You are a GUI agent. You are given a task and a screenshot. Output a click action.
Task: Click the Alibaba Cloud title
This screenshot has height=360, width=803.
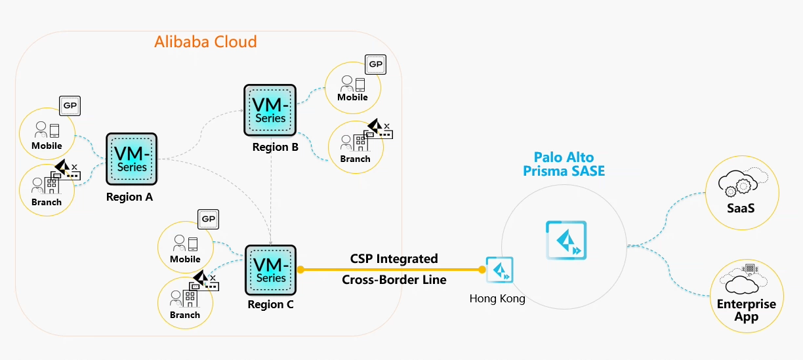(205, 42)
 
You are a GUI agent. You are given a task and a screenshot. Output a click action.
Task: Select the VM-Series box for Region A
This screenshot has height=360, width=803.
(131, 159)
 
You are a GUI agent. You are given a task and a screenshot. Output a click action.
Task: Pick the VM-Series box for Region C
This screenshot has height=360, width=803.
(270, 270)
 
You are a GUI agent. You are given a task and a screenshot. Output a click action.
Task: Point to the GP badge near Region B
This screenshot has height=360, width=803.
(375, 65)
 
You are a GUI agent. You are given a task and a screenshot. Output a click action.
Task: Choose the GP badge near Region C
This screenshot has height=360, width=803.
(208, 219)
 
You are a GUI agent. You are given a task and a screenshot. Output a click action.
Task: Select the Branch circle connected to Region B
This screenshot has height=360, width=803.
(355, 148)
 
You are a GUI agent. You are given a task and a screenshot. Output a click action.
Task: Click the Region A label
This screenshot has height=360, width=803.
(129, 197)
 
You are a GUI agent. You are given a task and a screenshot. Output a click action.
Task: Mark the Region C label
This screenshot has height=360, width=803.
(270, 305)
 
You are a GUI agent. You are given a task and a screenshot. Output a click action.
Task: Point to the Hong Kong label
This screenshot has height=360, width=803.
(497, 299)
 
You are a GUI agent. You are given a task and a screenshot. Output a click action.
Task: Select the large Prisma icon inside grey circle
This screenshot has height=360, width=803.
(566, 241)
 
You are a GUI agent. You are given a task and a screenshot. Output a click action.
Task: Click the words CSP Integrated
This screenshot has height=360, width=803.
(394, 259)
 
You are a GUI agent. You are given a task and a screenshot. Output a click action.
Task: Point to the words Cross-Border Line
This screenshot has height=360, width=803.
(394, 280)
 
